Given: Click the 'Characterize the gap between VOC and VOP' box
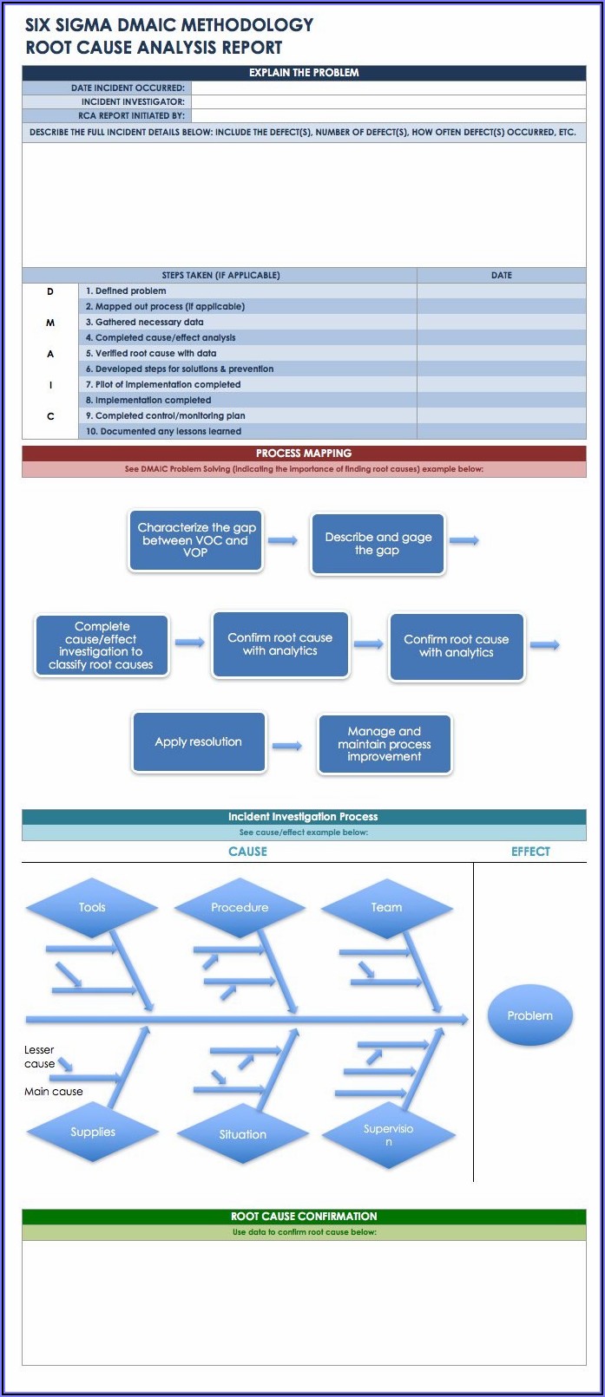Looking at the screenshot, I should click(195, 540).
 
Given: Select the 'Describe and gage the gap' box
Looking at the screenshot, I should click(378, 544).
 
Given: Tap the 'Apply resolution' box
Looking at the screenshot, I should click(198, 742).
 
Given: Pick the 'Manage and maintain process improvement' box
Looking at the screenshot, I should click(385, 744).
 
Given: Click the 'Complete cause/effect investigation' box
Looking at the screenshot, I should click(102, 646).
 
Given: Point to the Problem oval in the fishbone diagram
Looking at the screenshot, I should click(529, 1015).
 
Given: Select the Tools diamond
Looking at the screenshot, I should click(92, 908).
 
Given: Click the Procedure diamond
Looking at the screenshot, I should click(240, 908).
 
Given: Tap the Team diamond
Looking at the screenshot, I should click(386, 908).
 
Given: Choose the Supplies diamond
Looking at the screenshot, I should click(93, 1132).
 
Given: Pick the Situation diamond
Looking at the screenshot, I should click(242, 1134).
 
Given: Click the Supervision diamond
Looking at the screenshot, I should click(388, 1134).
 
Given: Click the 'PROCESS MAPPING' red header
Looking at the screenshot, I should click(304, 454).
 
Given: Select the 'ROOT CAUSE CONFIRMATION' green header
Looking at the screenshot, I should click(304, 1217).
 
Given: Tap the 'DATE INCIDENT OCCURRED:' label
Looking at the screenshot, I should click(128, 88).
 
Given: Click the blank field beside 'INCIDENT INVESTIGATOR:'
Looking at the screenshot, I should click(388, 101).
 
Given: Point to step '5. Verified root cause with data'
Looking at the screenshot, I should click(151, 354).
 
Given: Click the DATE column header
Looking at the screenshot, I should click(501, 275).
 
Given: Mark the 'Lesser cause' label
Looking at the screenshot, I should click(39, 1056).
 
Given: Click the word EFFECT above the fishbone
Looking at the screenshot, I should click(530, 852).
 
